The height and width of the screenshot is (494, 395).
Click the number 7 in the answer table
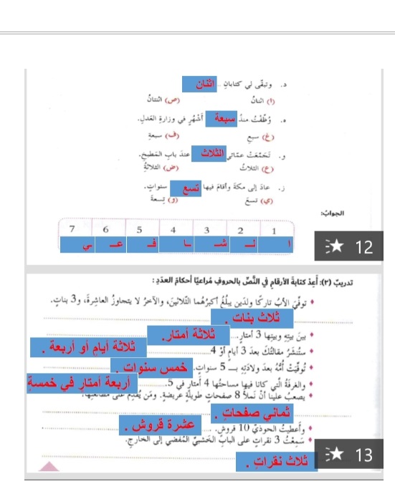point(72,228)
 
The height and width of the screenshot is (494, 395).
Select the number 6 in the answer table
point(105,229)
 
